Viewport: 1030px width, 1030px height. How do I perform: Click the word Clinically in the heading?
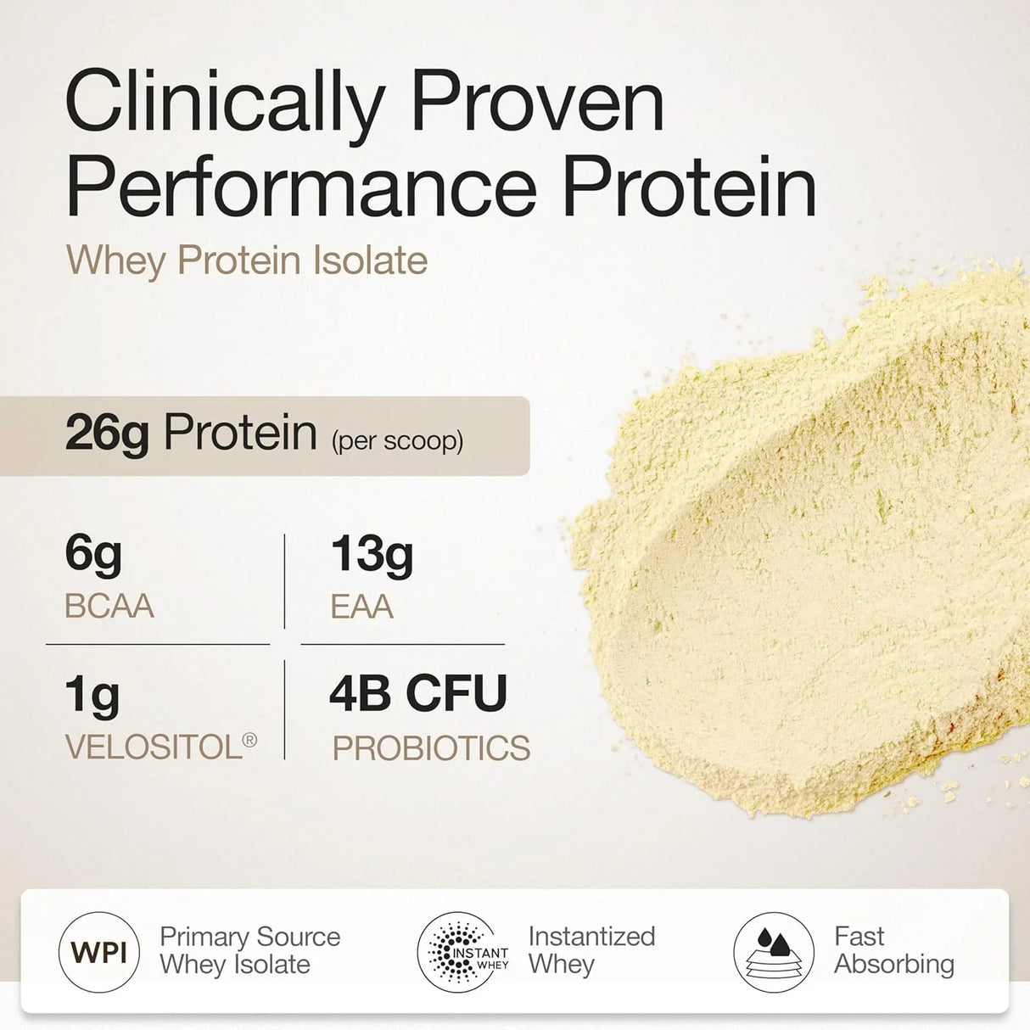(225, 104)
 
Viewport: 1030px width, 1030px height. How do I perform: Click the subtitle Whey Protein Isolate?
(247, 260)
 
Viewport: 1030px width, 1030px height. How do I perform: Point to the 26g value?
(107, 434)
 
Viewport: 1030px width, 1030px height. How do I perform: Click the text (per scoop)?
(397, 441)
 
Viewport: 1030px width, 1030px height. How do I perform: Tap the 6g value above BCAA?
(93, 555)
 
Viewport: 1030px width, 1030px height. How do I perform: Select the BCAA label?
(109, 607)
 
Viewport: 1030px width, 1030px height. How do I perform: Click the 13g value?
(372, 555)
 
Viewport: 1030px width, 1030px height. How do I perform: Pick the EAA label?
(362, 607)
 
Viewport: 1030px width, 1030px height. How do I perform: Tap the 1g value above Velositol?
(92, 696)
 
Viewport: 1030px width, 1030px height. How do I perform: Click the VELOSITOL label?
(154, 747)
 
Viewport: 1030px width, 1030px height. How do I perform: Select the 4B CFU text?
(418, 693)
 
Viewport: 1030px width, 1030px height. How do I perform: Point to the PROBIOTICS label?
(431, 748)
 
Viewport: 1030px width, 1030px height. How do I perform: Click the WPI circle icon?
(99, 952)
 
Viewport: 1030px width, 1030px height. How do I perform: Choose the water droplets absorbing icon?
(773, 952)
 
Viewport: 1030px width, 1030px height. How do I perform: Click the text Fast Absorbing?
(893, 950)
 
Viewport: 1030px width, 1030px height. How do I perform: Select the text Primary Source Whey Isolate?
(249, 950)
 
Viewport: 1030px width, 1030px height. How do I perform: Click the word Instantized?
(591, 936)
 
